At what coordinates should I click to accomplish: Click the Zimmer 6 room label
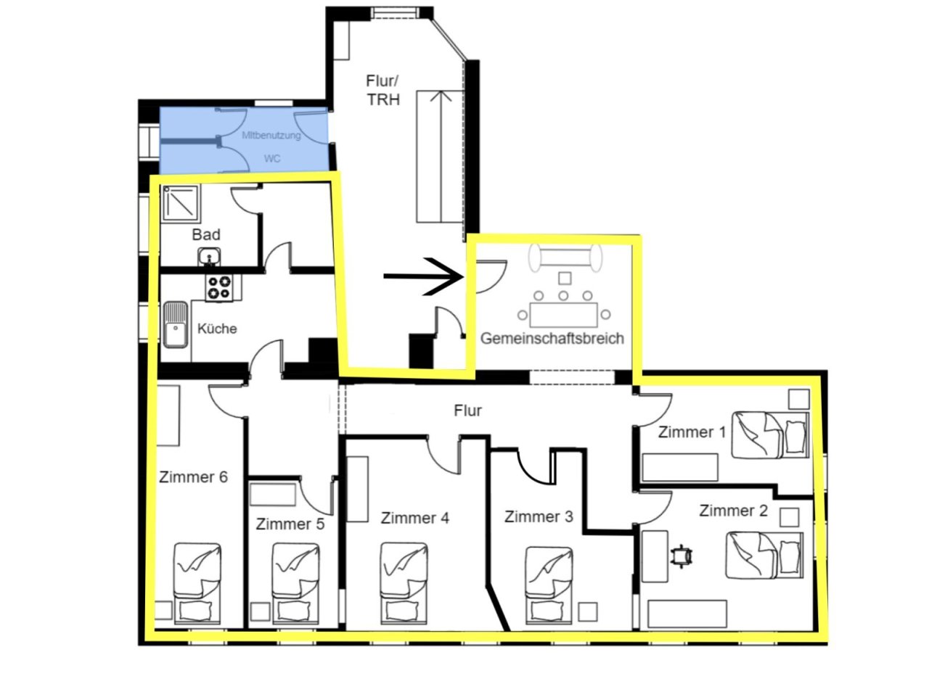point(193,477)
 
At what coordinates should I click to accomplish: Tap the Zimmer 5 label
point(290,524)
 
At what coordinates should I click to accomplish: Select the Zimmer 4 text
point(414,518)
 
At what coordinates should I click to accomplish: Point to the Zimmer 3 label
point(539,516)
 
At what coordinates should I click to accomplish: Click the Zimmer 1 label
point(692,432)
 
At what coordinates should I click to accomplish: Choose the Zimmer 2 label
point(733,511)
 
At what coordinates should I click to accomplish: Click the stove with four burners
point(219,288)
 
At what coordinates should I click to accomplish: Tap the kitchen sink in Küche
point(176,324)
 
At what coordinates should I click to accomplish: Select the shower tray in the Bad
point(181,203)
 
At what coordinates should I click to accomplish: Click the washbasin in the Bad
point(209,257)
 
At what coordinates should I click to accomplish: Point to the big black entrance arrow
point(423,276)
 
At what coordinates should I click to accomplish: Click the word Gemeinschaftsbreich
point(552,338)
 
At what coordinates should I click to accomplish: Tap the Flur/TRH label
point(382,91)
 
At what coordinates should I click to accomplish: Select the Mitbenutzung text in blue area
point(271,135)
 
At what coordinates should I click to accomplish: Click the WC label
point(272,158)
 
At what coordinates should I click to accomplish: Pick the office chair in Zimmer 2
point(682,556)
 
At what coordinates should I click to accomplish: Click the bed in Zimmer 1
point(770,435)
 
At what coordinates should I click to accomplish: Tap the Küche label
point(217,329)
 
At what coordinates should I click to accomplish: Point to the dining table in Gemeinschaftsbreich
point(564,315)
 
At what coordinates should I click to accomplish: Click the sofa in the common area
point(565,257)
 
